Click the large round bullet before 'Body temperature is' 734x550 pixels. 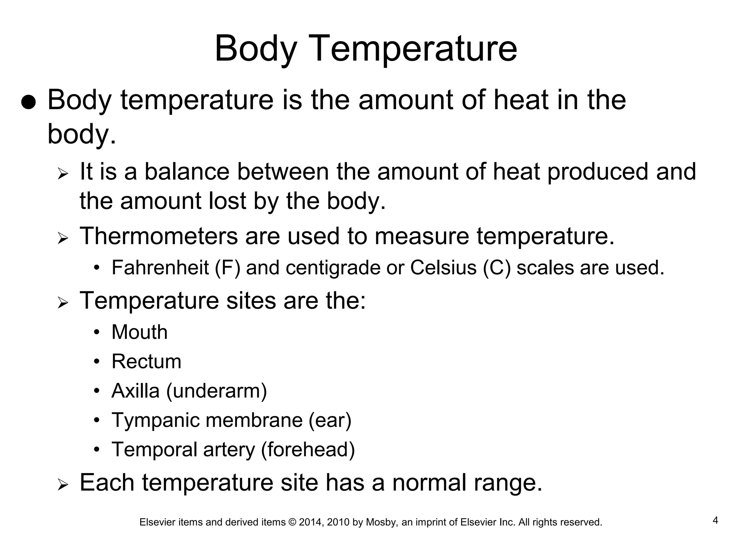(28, 103)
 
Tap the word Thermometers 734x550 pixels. (158, 236)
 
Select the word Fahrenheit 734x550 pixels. (160, 267)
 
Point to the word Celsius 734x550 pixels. (443, 267)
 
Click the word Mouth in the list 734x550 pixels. (139, 332)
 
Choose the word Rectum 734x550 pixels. (146, 361)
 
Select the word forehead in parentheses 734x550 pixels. (308, 449)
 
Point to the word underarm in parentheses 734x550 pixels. (216, 391)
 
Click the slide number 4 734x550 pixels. (715, 520)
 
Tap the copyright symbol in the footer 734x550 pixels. (292, 522)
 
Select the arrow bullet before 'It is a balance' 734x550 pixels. (62, 175)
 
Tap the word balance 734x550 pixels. (187, 172)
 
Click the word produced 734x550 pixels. (598, 172)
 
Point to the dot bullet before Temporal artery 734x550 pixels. (96, 449)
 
